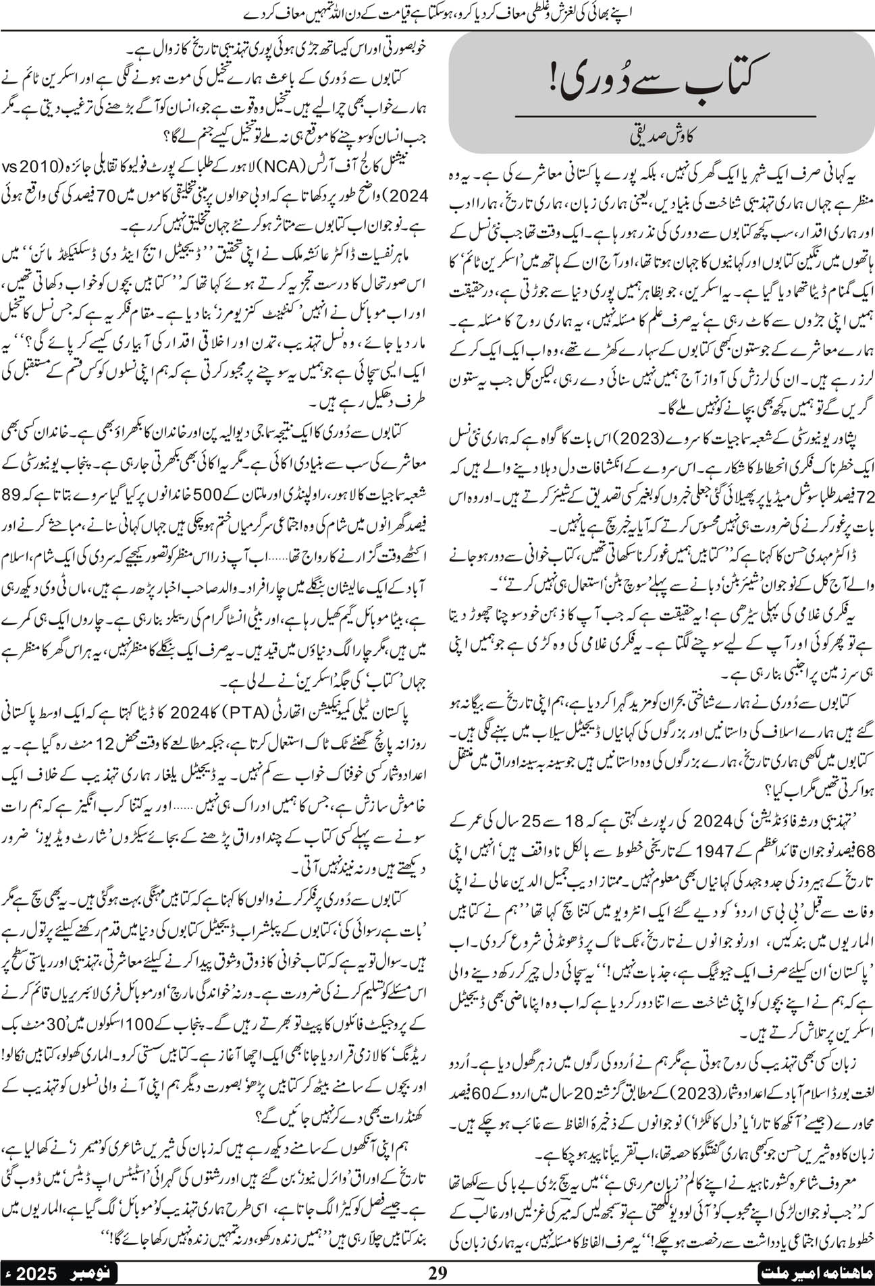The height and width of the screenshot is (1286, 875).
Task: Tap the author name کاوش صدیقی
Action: (x=660, y=143)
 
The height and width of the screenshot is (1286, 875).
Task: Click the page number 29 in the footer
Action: (x=438, y=1273)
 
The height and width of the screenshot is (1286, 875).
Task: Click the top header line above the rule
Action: (x=437, y=11)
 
